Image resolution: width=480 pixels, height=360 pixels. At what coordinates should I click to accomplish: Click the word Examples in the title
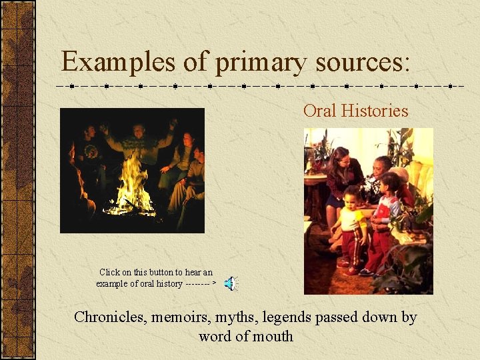[117, 62]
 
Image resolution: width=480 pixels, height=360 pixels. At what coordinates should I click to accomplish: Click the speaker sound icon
[230, 283]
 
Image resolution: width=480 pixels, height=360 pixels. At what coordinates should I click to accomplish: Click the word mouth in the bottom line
[273, 336]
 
